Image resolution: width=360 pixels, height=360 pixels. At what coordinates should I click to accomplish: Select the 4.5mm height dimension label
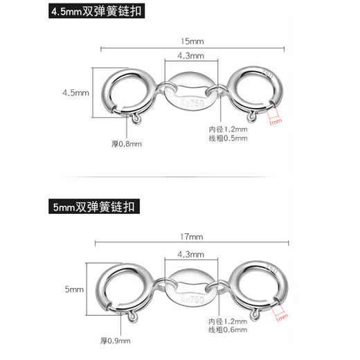tap(75, 93)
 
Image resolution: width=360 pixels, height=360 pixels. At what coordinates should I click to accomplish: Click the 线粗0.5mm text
tap(228, 138)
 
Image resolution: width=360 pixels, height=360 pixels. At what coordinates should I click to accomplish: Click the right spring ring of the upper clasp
tap(253, 92)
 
